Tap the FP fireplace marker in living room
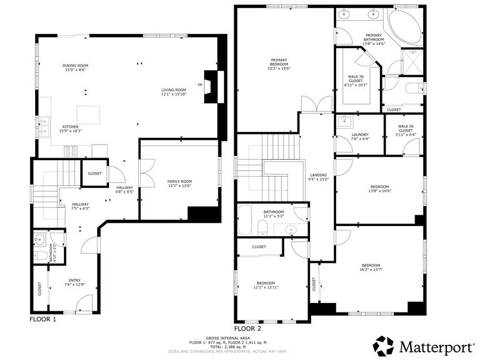point(200,85)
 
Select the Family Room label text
point(179,183)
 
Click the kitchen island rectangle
point(88,115)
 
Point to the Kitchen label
point(69,128)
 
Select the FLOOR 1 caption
point(43,319)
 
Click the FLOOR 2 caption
point(247,328)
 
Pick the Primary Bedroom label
point(279,63)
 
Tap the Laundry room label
point(359,136)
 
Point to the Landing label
point(319,177)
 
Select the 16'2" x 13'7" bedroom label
point(371,267)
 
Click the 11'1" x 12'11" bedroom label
point(265,285)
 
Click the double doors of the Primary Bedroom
point(315,105)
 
